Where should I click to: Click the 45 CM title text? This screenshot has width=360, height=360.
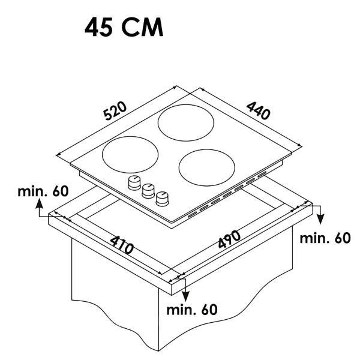click(124, 27)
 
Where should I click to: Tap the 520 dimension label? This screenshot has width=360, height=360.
click(115, 110)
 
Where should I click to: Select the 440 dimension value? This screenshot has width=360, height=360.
click(258, 110)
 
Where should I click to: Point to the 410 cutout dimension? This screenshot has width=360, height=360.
click(121, 245)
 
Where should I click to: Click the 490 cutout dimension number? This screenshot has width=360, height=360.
click(229, 239)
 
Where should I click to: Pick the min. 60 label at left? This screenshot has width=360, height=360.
click(43, 191)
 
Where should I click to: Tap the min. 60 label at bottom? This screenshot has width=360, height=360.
click(192, 310)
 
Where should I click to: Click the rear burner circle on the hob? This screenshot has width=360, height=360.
click(186, 123)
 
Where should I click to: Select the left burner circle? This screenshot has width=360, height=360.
click(130, 155)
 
